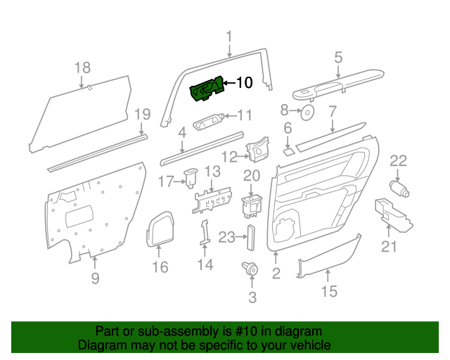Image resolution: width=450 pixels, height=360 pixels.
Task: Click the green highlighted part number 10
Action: click(x=207, y=89)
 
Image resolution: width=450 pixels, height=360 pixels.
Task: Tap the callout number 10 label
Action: click(x=243, y=83)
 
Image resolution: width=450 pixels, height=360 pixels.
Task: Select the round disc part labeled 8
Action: click(x=307, y=113)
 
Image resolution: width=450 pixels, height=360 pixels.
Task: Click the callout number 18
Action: click(x=82, y=67)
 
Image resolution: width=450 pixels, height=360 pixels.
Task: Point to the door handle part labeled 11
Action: click(x=207, y=122)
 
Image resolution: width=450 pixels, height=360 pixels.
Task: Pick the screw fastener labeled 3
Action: click(x=249, y=269)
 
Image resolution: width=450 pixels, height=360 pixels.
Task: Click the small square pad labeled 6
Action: click(x=288, y=149)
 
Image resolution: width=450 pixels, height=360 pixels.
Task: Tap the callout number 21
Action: click(x=389, y=246)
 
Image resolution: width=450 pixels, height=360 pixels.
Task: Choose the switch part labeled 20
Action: click(x=251, y=205)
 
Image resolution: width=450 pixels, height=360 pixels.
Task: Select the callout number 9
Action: click(x=95, y=278)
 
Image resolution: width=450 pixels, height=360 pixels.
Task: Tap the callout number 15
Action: click(x=328, y=290)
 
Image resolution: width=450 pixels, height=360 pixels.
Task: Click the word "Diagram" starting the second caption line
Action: click(x=99, y=346)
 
